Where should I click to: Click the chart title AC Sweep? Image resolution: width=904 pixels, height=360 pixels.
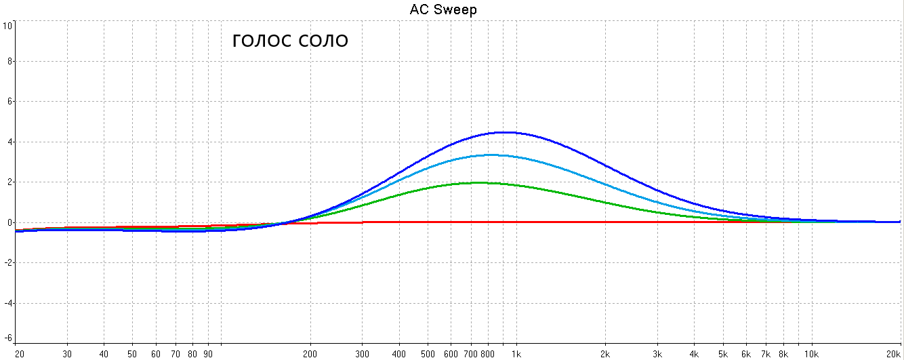(x=443, y=9)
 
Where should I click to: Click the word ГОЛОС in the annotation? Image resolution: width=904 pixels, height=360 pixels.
(x=262, y=41)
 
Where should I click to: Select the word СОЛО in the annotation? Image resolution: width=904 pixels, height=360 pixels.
(x=323, y=41)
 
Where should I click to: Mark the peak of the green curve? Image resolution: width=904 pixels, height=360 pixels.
(x=480, y=182)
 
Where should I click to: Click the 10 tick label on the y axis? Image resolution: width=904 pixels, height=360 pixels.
(x=7, y=26)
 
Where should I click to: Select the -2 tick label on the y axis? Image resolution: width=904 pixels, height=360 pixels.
(x=8, y=262)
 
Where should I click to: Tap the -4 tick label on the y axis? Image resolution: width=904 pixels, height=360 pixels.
(x=8, y=302)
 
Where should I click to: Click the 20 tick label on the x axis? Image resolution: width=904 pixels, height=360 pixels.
(x=20, y=354)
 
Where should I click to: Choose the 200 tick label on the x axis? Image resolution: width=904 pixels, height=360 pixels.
(x=310, y=354)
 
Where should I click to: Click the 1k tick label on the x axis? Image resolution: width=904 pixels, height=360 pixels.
(x=516, y=354)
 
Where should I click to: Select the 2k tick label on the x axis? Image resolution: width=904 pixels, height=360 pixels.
(x=604, y=354)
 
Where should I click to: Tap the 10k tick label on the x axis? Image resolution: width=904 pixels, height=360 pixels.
(x=811, y=354)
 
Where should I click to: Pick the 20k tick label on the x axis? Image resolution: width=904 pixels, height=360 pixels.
(x=894, y=354)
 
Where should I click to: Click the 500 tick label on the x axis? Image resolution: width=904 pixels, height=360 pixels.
(x=428, y=354)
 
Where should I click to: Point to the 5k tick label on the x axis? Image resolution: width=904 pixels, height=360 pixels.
(x=722, y=354)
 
